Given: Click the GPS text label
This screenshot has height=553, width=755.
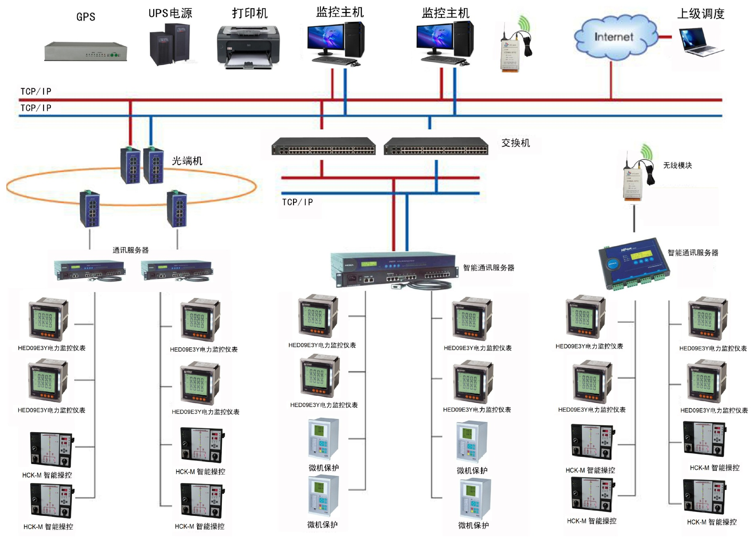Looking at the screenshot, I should click(x=86, y=17).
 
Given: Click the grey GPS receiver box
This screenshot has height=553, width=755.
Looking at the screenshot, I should click(x=86, y=52).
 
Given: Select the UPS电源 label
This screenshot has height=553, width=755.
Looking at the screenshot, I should click(x=170, y=13).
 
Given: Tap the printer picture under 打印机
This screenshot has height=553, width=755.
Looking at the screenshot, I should click(x=248, y=47).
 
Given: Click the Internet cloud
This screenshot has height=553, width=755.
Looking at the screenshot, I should click(x=614, y=37).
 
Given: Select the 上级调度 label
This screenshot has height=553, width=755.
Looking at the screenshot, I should click(x=700, y=14).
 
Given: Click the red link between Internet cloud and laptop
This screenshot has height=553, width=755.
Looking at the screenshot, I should click(x=665, y=37).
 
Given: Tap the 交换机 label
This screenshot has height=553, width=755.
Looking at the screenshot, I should click(x=515, y=143).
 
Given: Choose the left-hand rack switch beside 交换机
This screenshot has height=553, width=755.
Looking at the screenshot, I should click(x=323, y=146).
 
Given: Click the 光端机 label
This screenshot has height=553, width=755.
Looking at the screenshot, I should click(x=187, y=161).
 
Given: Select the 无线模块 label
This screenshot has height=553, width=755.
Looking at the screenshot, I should click(x=677, y=165).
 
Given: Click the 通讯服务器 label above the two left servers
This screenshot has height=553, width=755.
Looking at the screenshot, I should click(x=131, y=250).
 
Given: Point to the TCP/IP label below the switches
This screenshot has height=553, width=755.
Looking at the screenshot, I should click(x=297, y=202).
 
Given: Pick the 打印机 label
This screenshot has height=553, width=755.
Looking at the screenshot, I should click(x=249, y=13).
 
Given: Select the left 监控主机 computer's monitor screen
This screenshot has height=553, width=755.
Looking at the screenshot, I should click(x=325, y=38).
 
